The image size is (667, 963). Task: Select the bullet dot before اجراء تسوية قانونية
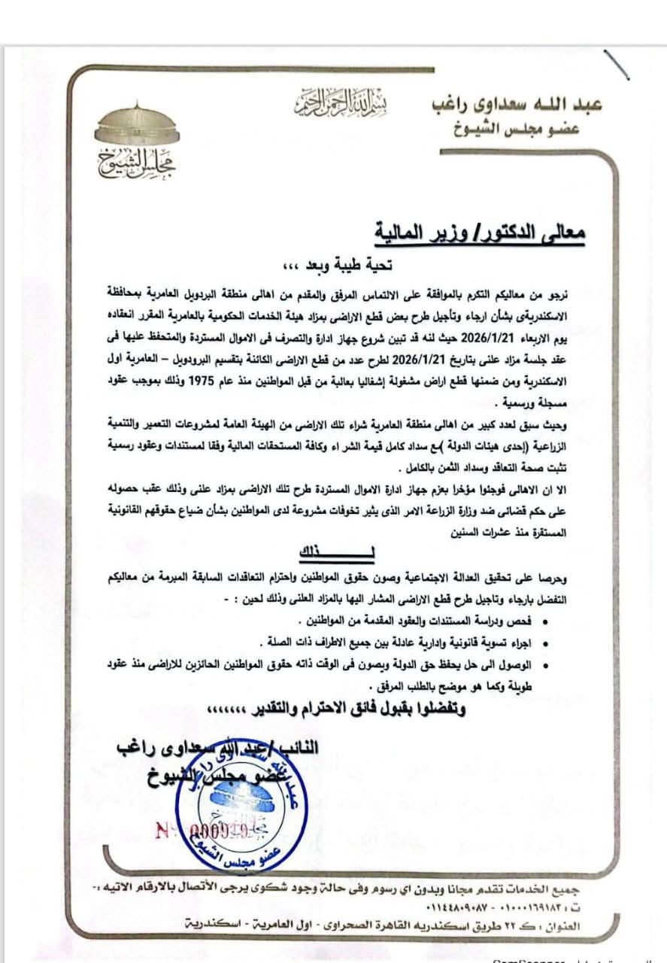[x=544, y=643]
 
